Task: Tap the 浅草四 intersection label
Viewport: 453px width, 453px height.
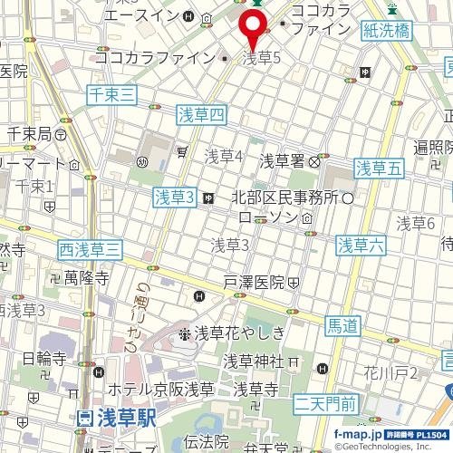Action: (198, 113)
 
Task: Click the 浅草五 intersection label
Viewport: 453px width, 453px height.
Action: (377, 167)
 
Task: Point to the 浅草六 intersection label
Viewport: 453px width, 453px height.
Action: (361, 244)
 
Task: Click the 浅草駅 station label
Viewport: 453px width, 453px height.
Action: (116, 419)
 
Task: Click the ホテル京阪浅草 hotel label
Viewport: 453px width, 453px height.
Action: (160, 390)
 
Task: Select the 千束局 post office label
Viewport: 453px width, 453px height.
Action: (31, 134)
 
